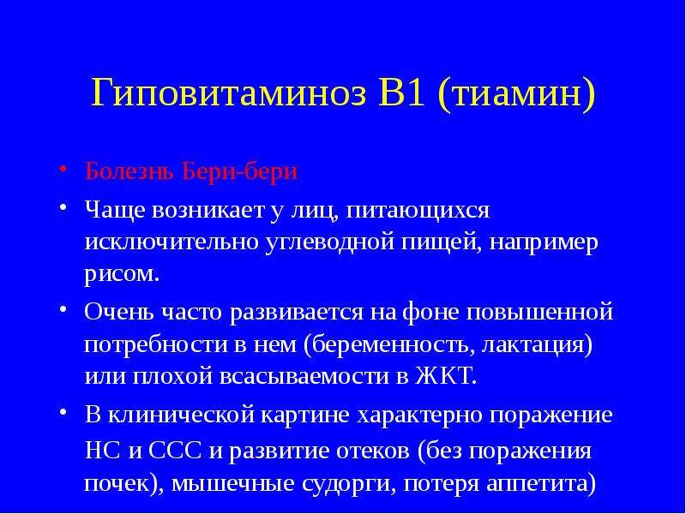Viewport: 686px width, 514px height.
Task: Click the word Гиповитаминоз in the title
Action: (x=228, y=93)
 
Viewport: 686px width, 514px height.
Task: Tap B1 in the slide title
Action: (x=401, y=93)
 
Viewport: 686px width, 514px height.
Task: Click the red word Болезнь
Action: (x=129, y=171)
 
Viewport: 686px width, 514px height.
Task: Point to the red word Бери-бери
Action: (x=240, y=171)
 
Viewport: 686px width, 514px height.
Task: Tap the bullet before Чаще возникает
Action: (x=63, y=206)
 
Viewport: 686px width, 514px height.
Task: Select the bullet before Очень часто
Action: (x=63, y=309)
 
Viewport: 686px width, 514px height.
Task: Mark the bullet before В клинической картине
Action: (x=63, y=411)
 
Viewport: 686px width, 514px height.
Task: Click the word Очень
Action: (x=119, y=312)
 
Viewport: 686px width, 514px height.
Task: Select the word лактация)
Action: (x=538, y=346)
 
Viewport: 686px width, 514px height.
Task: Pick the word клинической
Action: (x=182, y=415)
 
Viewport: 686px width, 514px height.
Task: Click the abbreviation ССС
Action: (x=176, y=451)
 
